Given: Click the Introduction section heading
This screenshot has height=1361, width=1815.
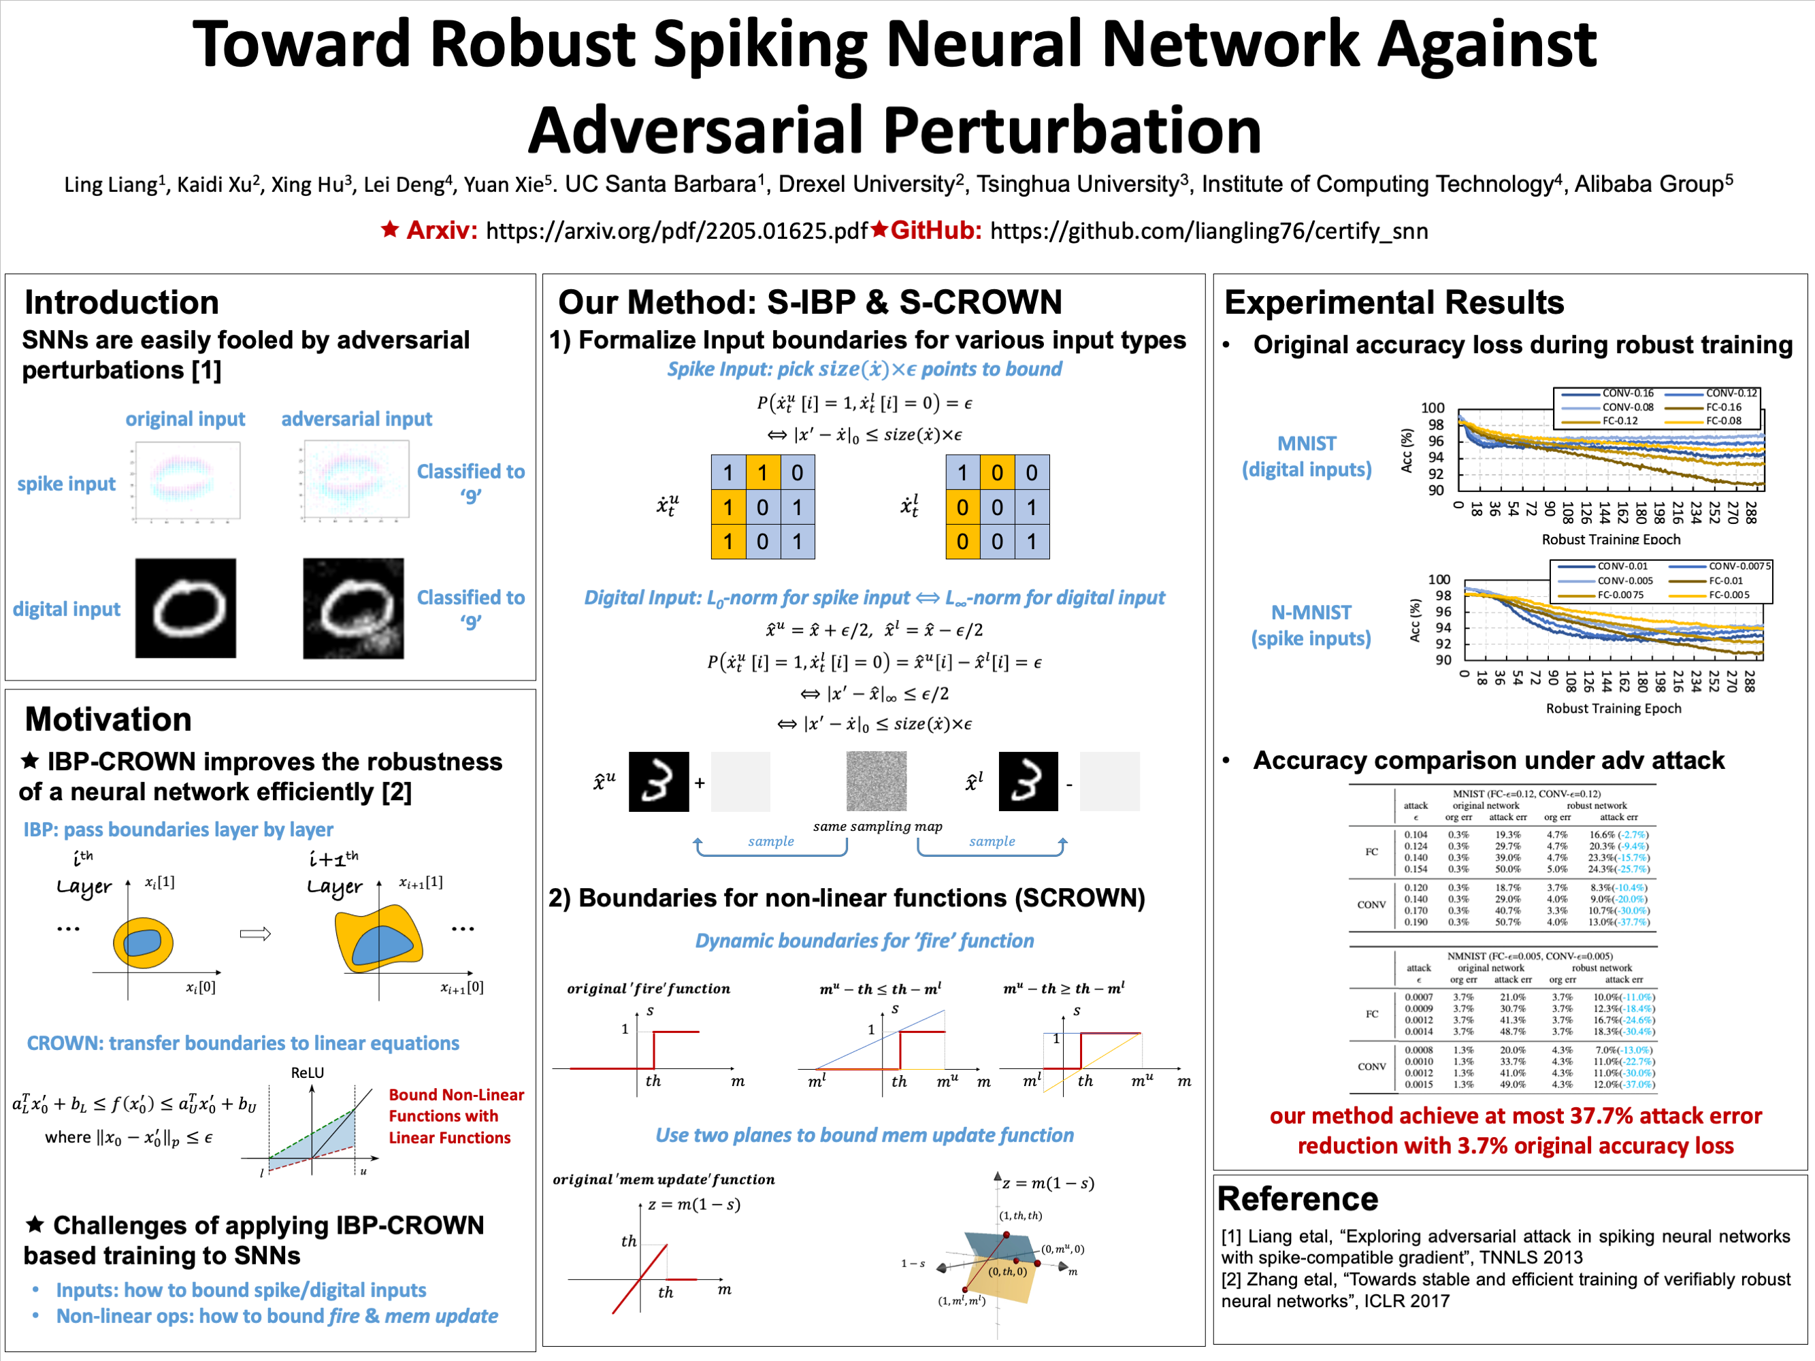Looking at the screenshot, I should [x=121, y=303].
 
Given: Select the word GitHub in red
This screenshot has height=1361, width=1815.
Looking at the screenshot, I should [x=935, y=231].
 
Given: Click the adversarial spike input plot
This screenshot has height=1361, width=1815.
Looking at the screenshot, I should [x=356, y=480].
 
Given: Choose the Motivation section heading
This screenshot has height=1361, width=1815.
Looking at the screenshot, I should [x=108, y=719].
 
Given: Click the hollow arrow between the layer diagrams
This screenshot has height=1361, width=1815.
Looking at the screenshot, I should [x=255, y=934].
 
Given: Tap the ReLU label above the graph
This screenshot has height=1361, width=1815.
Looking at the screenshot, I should [x=308, y=1073].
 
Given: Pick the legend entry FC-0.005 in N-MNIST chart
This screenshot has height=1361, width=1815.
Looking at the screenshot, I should [x=1729, y=595].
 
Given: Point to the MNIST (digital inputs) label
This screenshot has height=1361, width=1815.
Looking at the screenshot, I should [x=1306, y=456].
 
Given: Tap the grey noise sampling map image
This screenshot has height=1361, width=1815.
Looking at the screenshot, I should [x=877, y=782].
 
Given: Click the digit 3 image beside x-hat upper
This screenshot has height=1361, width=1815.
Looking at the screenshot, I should [x=659, y=782].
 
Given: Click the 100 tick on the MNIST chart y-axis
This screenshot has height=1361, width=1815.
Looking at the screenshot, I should [x=1433, y=408].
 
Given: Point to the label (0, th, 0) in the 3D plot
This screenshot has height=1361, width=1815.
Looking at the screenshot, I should [x=1007, y=1272].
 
